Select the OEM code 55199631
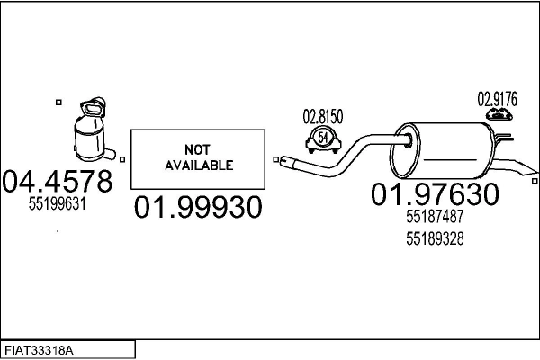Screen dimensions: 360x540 [x=57, y=204]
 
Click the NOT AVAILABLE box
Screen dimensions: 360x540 [x=198, y=158]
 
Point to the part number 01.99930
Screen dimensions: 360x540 [x=198, y=208]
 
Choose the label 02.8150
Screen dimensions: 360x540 [x=321, y=116]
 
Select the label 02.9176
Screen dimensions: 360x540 [x=497, y=99]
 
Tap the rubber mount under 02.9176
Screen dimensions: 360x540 [x=497, y=114]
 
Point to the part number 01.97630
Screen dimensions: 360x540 [x=435, y=193]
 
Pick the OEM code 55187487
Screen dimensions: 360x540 [x=435, y=217]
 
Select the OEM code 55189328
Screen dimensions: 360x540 [x=435, y=238]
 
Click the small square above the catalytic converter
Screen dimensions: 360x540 [x=59, y=102]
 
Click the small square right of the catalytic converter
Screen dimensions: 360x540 [x=121, y=160]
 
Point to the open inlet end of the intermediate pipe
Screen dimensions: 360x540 [x=283, y=163]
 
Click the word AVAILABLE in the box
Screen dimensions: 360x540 [x=198, y=166]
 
